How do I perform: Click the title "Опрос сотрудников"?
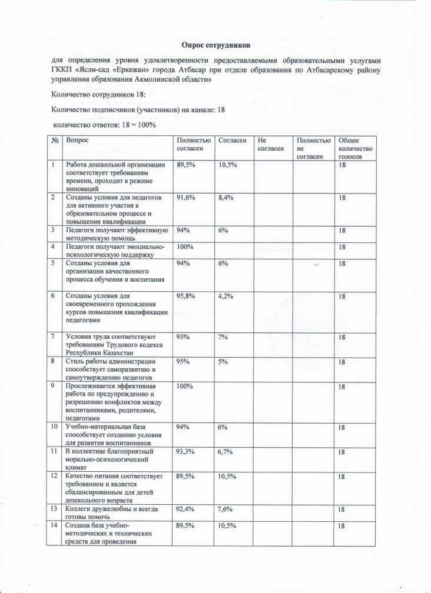point(216,45)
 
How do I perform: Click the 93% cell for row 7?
point(184,336)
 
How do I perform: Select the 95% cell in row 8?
point(184,362)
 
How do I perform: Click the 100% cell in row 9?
point(185,386)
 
